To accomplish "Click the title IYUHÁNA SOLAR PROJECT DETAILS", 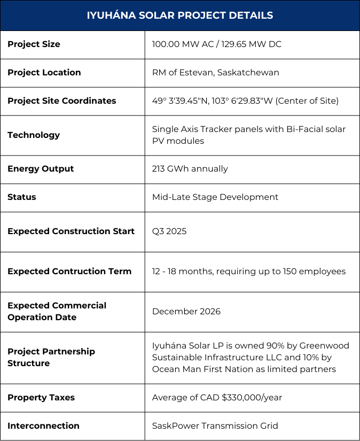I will click(x=180, y=16).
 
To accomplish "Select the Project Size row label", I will click(x=34, y=44).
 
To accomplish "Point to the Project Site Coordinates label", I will click(x=61, y=101).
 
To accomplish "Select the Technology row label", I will click(x=34, y=135).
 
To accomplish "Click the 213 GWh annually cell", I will click(x=190, y=169).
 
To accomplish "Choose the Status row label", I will click(x=22, y=197).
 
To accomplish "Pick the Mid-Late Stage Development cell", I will click(x=215, y=197).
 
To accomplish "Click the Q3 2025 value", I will click(x=169, y=231).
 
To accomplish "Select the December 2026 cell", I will click(x=186, y=312).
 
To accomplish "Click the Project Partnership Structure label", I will click(x=51, y=357).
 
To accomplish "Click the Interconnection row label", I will click(x=43, y=426).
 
